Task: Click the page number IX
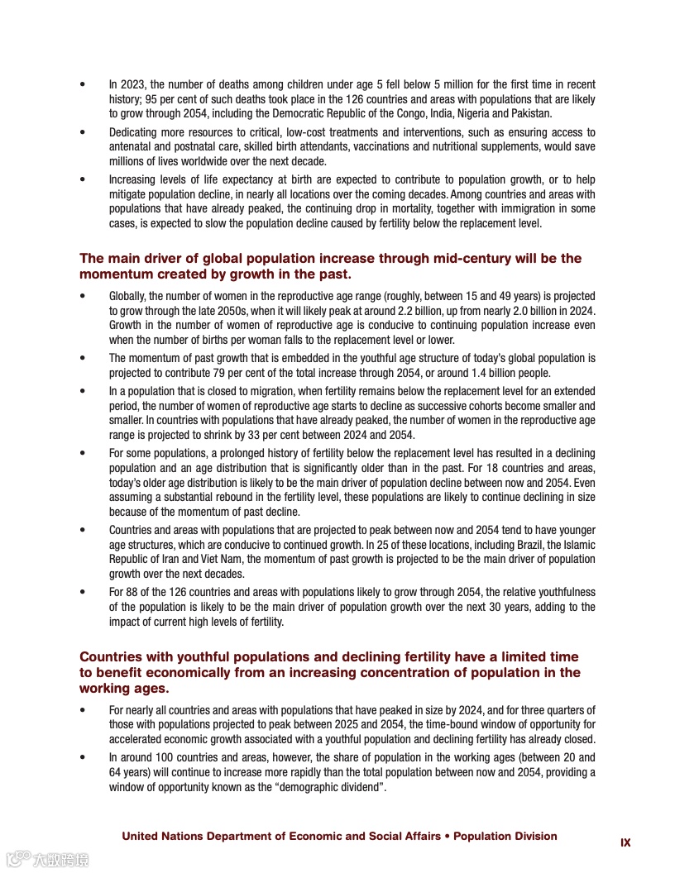pos(625,842)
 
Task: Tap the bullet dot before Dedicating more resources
pos(83,132)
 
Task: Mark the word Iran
pos(163,560)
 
